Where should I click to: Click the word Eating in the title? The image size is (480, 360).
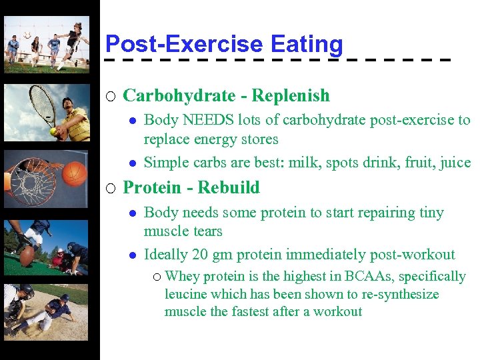click(x=307, y=44)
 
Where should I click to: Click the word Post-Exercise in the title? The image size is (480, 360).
click(x=185, y=44)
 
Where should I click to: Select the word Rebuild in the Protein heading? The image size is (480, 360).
click(x=229, y=187)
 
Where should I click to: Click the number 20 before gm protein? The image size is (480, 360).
click(x=200, y=255)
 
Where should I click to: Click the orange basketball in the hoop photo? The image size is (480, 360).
click(x=75, y=174)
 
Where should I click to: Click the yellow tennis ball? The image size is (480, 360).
click(x=53, y=131)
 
